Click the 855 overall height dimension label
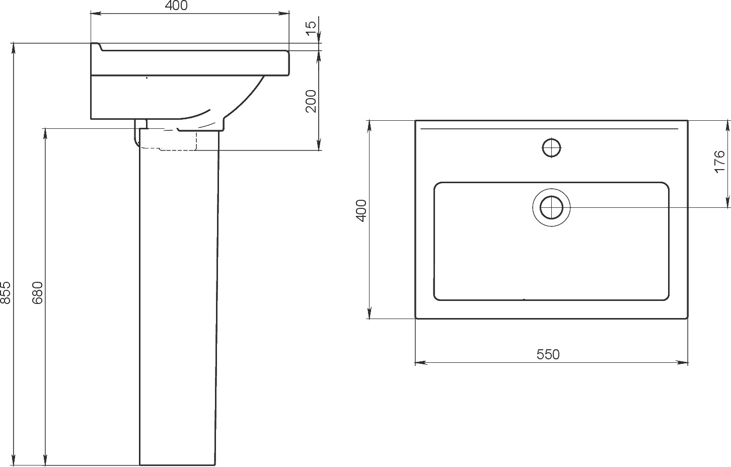[x=6, y=292]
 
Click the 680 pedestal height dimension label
[x=38, y=292]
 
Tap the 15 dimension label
[x=311, y=25]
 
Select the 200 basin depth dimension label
[x=311, y=101]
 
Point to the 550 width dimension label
[x=548, y=354]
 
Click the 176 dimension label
[x=719, y=162]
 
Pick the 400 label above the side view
[x=176, y=6]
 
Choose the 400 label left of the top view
[x=361, y=211]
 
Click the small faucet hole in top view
[x=551, y=148]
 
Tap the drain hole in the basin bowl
[x=551, y=207]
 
